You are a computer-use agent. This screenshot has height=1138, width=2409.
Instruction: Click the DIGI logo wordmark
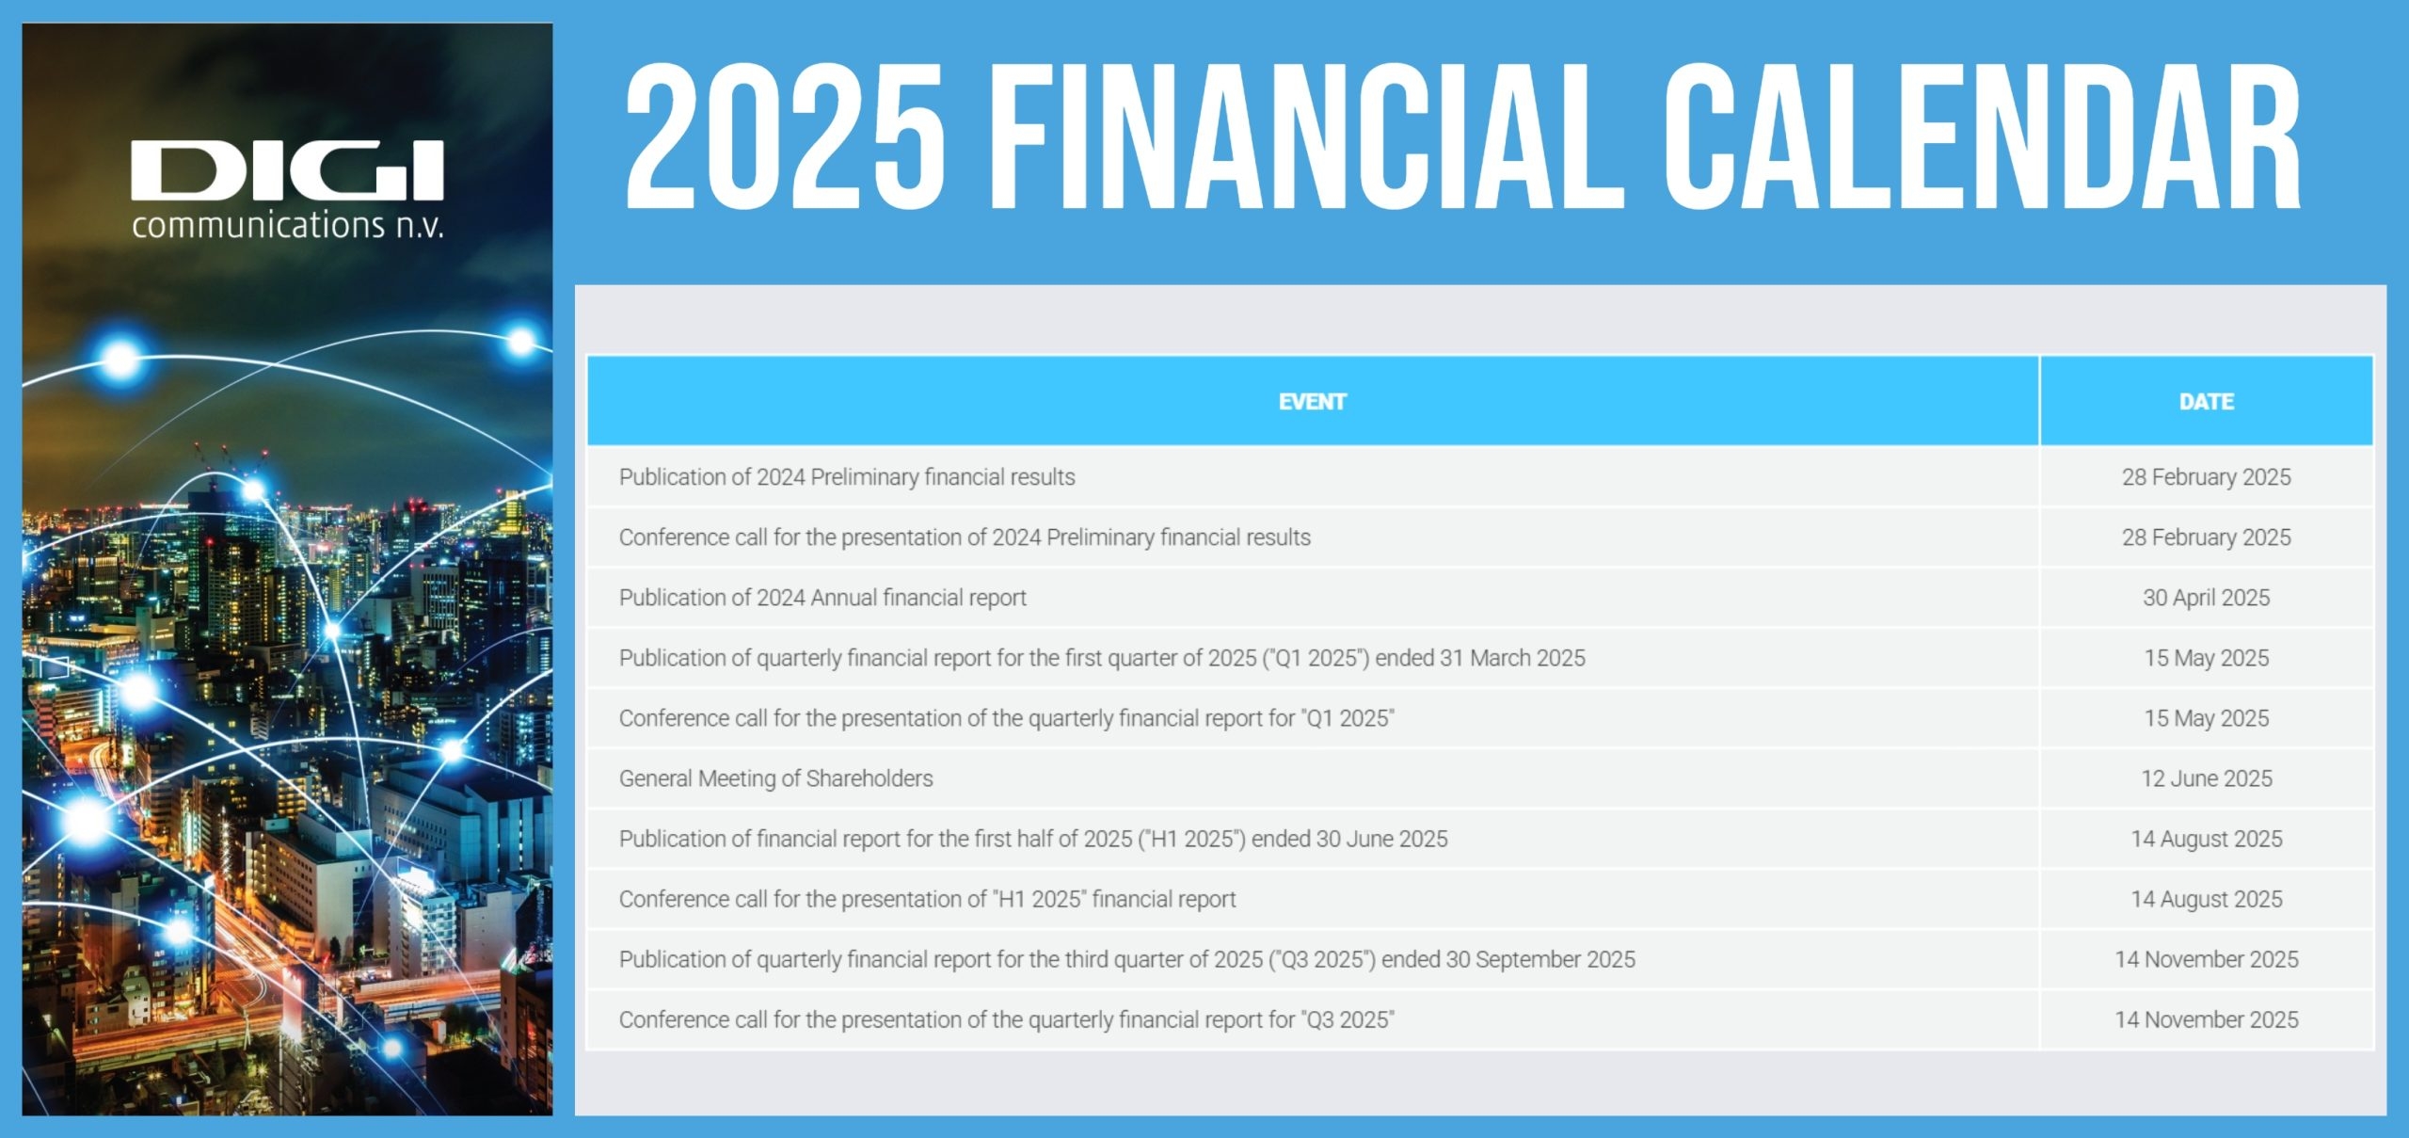tap(287, 170)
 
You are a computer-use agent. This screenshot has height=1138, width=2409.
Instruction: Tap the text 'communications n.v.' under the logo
tap(287, 226)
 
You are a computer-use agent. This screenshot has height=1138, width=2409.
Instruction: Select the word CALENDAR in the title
tap(1982, 136)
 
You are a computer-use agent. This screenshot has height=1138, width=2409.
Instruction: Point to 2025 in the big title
tap(786, 136)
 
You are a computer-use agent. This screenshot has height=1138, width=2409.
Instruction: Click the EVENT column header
tap(1312, 402)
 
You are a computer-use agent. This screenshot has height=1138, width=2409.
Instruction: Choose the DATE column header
tap(2207, 402)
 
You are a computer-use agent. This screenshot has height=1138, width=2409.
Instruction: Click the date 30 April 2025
tap(2207, 598)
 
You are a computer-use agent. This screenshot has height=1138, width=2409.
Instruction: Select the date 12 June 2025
tap(2207, 778)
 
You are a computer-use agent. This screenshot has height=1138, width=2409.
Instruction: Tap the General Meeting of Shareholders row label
tap(776, 778)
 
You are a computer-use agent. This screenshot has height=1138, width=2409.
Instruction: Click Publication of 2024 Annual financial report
tap(822, 598)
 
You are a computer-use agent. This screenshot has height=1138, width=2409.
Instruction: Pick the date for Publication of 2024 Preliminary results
tap(2207, 477)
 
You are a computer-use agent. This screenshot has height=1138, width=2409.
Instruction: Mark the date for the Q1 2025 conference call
tap(2207, 718)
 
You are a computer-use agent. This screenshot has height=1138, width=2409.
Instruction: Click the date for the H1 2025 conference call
tap(2207, 899)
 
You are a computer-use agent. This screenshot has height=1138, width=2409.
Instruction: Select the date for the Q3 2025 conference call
tap(2207, 1019)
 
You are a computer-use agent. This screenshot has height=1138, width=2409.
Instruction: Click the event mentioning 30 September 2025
tap(1127, 959)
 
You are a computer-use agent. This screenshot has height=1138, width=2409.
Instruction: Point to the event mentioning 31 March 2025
tap(1102, 658)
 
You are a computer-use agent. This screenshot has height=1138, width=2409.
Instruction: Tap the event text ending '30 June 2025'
tap(1033, 839)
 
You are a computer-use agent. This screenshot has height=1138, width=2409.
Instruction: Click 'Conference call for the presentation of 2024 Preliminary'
tap(965, 537)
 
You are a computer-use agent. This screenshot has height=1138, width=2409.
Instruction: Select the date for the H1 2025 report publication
tap(2207, 839)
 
